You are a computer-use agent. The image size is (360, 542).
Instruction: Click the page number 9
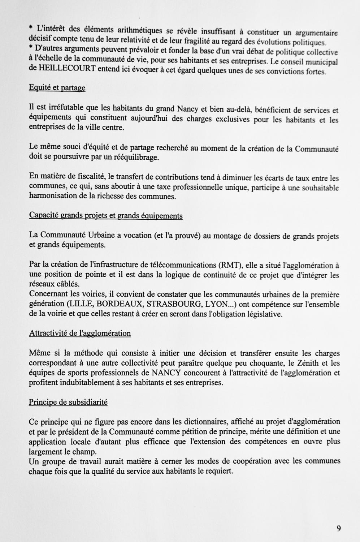339,528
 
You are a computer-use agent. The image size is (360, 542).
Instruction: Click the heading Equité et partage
57,88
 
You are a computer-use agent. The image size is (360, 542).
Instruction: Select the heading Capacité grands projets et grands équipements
106,216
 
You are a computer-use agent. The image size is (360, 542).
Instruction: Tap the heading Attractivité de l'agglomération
80,333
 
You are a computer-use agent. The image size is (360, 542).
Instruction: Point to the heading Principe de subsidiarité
68,402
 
